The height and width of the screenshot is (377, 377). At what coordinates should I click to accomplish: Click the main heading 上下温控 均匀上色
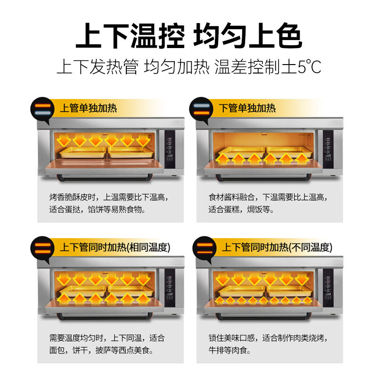tap(188, 35)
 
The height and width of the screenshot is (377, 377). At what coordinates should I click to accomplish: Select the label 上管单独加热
tap(88, 108)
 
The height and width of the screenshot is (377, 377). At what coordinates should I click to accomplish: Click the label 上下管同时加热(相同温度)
tap(115, 247)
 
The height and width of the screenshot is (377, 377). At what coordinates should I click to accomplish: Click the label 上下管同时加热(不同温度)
tap(277, 247)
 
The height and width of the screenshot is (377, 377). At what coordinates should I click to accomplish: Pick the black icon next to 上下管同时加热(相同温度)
tap(41, 247)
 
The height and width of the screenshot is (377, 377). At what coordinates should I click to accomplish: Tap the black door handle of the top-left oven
tap(104, 177)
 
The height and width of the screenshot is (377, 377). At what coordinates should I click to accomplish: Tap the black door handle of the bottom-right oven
tap(264, 316)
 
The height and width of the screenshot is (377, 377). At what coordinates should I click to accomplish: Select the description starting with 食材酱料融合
tap(268, 203)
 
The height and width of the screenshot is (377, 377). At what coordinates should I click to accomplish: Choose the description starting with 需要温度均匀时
tap(107, 344)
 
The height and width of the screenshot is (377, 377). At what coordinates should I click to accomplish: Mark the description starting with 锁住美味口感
tap(268, 344)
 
